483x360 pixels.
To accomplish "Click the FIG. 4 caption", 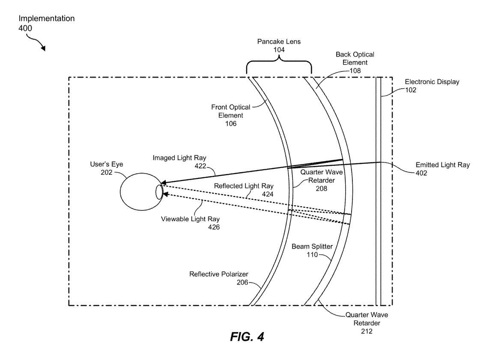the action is click(247, 336).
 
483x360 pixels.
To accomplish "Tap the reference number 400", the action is click(25, 28).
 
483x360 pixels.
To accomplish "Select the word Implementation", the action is click(47, 18).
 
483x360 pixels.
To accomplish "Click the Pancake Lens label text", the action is click(279, 42).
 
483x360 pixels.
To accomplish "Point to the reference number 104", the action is click(279, 50).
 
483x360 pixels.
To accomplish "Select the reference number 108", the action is click(355, 71).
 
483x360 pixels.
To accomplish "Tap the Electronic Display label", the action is click(432, 82).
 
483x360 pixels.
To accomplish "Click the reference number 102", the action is click(410, 90).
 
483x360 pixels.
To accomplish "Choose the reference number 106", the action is click(231, 123).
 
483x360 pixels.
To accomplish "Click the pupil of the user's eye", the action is click(159, 192).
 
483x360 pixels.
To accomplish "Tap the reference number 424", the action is click(268, 194).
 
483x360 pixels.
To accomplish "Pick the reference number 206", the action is click(242, 282).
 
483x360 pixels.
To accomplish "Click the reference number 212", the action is click(367, 331).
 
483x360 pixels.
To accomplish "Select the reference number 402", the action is click(421, 173).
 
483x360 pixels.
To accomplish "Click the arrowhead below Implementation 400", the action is click(43, 48).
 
